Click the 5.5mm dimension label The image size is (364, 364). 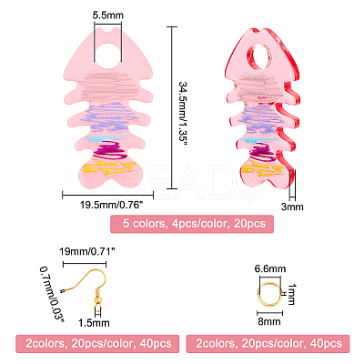(x=108, y=15)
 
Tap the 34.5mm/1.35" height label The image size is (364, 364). (x=183, y=113)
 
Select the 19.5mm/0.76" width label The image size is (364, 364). (x=111, y=205)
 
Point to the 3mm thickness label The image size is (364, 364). (x=292, y=207)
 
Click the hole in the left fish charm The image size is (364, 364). (x=108, y=55)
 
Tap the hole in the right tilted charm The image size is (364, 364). (x=258, y=57)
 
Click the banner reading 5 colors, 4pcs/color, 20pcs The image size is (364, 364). (x=192, y=224)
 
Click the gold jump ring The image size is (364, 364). (x=269, y=293)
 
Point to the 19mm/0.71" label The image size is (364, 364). (x=87, y=251)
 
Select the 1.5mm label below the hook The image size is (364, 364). (x=94, y=323)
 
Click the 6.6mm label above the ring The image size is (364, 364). (x=270, y=268)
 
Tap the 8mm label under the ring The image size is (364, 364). (x=269, y=321)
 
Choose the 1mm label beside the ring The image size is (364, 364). (x=292, y=294)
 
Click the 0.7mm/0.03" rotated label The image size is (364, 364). (x=53, y=294)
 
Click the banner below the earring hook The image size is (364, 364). (x=97, y=344)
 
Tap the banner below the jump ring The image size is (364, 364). (x=268, y=344)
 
